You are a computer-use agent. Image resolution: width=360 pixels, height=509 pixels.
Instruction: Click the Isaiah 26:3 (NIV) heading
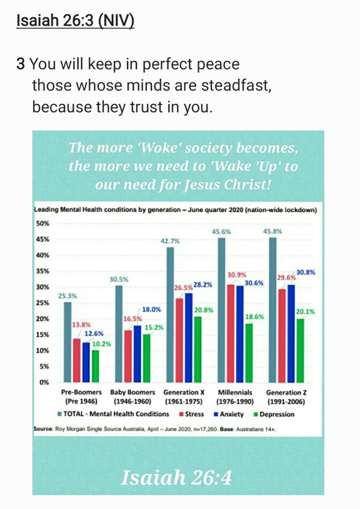pos(75,22)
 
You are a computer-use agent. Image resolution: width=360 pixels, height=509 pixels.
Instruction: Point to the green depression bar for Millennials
pos(250,353)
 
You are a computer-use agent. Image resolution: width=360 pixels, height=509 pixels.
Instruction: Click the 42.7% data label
pos(170,241)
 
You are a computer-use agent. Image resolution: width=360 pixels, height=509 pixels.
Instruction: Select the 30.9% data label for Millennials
pos(237,275)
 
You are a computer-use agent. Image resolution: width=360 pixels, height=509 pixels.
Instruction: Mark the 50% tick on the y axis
pos(43,223)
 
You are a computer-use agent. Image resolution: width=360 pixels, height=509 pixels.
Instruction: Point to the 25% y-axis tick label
pos(43,303)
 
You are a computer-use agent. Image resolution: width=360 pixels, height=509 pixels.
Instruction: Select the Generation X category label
pos(183,393)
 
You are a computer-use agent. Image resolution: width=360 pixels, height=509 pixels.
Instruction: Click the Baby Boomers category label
pos(132,393)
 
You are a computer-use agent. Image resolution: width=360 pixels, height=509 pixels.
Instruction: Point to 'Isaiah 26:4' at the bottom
pos(177,478)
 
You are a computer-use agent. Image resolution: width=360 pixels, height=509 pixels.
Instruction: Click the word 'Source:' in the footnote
pos(43,427)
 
